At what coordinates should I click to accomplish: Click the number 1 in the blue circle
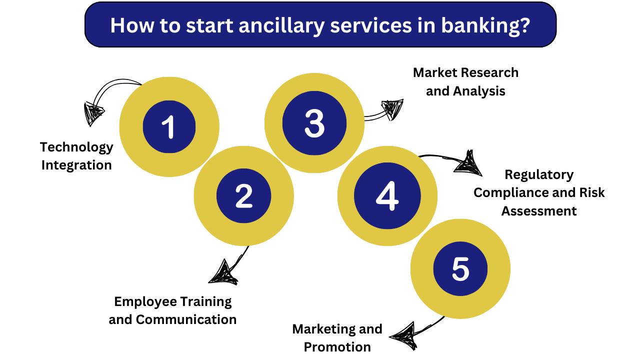[168, 127]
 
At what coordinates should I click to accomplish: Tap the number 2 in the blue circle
[243, 196]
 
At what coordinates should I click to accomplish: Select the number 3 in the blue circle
[314, 123]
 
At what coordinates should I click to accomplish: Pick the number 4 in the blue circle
[387, 196]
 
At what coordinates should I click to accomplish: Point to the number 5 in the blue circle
[460, 269]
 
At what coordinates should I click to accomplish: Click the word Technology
[76, 147]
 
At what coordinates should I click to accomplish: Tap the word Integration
[76, 165]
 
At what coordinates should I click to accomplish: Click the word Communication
[186, 319]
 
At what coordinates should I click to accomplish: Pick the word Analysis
[479, 91]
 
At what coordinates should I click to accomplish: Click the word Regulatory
[539, 175]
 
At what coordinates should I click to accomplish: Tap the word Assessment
[539, 211]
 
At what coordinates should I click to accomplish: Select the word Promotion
[337, 347]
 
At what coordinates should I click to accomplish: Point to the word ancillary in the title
[281, 25]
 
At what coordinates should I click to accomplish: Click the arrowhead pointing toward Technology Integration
[93, 113]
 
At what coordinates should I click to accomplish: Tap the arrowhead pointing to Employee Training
[223, 273]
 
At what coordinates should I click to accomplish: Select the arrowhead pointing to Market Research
[393, 109]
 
